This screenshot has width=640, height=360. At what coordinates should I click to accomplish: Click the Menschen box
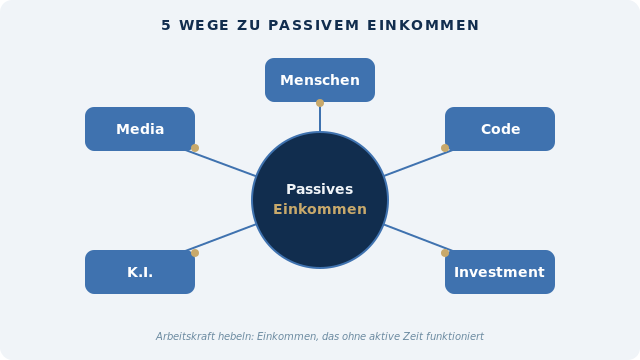[x=320, y=80]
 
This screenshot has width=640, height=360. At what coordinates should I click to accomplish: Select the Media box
[x=140, y=129]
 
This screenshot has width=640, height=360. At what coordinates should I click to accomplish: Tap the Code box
[x=500, y=129]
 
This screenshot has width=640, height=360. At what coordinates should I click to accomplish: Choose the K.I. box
[x=140, y=272]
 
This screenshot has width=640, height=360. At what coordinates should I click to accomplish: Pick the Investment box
[x=500, y=272]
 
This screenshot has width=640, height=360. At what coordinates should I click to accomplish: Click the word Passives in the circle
[x=320, y=189]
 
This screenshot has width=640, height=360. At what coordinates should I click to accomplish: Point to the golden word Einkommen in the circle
[x=320, y=210]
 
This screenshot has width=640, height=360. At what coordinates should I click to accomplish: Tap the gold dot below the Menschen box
[x=320, y=103]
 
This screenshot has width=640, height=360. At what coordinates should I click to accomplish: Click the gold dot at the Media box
[x=195, y=148]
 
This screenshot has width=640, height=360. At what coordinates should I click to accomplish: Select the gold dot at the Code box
[x=445, y=148]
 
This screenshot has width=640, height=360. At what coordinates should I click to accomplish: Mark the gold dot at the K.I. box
[x=195, y=253]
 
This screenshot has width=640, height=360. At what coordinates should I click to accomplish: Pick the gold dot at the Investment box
[x=445, y=253]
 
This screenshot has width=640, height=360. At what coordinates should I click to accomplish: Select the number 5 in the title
[x=166, y=25]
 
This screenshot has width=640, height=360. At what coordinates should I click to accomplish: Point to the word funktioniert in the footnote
[x=452, y=337]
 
